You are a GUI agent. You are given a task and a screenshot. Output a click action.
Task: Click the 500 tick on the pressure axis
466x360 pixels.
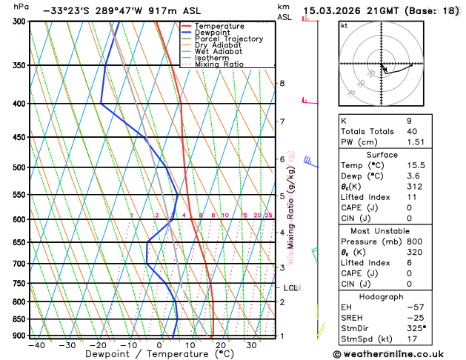click(x=18, y=167)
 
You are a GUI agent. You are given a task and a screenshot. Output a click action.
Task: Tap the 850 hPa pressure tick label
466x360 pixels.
click(x=18, y=319)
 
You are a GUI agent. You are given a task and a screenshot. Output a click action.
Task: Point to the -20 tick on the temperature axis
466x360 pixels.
click(x=98, y=345)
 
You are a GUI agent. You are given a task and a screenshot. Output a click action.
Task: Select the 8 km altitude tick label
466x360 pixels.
click(x=282, y=83)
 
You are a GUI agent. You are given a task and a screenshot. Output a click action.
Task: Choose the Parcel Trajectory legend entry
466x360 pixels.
click(x=229, y=39)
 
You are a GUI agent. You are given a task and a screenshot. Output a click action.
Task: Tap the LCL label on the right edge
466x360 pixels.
click(x=290, y=287)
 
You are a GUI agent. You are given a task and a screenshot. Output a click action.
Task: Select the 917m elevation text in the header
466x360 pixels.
click(x=159, y=11)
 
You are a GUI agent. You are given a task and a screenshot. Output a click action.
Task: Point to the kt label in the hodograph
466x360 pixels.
click(x=344, y=25)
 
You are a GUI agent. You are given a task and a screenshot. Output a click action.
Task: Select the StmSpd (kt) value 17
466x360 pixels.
click(x=408, y=340)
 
